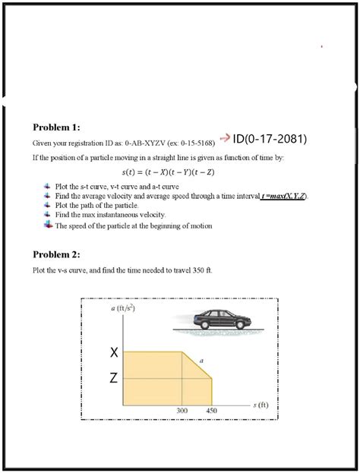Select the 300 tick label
pyautogui.click(x=182, y=410)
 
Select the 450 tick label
pyautogui.click(x=213, y=410)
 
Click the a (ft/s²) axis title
pyautogui.click(x=122, y=308)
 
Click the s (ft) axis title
pyautogui.click(x=259, y=405)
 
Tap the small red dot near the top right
pyautogui.click(x=322, y=47)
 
